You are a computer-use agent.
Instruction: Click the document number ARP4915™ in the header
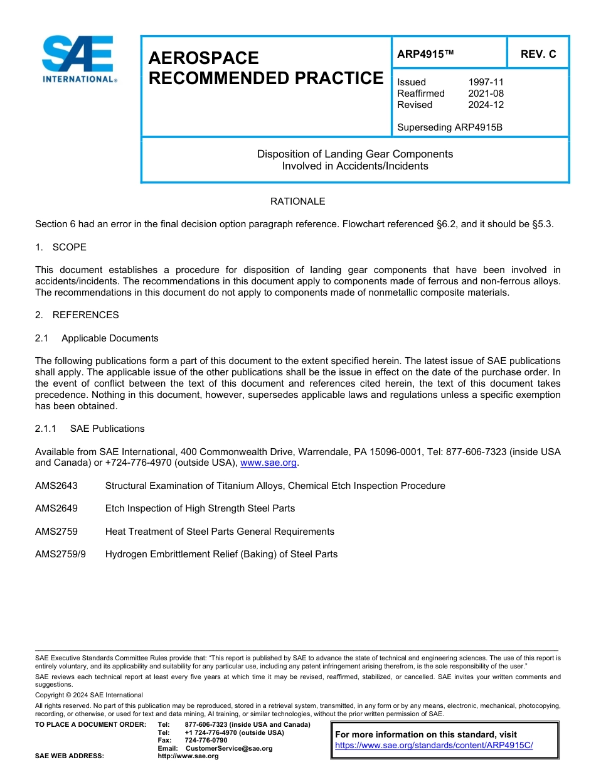pyautogui.click(x=425, y=54)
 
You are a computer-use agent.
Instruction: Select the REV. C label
pyautogui.click(x=538, y=54)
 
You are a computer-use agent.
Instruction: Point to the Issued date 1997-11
pyautogui.click(x=486, y=82)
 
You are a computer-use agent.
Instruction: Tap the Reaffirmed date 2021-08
pyautogui.click(x=486, y=94)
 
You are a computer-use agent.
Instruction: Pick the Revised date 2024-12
pyautogui.click(x=486, y=105)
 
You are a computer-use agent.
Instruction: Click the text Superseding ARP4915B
pyautogui.click(x=450, y=127)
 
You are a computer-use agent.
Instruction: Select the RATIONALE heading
pyautogui.click(x=297, y=201)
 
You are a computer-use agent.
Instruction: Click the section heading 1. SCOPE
pyautogui.click(x=61, y=247)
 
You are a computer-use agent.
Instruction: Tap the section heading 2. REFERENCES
pyautogui.click(x=77, y=315)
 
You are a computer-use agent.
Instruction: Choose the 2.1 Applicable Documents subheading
pyautogui.click(x=97, y=338)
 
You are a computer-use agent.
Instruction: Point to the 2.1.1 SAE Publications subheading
pyautogui.click(x=90, y=429)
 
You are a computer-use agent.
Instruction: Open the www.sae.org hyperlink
pyautogui.click(x=269, y=463)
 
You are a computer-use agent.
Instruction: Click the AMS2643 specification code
pyautogui.click(x=56, y=486)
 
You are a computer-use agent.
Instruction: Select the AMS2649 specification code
pyautogui.click(x=56, y=508)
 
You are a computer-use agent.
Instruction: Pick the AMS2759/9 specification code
pyautogui.click(x=60, y=554)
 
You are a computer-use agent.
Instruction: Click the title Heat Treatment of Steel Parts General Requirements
pyautogui.click(x=220, y=532)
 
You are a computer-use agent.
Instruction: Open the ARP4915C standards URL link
pyautogui.click(x=434, y=745)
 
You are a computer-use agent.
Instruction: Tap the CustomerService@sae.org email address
pyautogui.click(x=229, y=748)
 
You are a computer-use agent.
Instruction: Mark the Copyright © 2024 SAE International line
pyautogui.click(x=89, y=695)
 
